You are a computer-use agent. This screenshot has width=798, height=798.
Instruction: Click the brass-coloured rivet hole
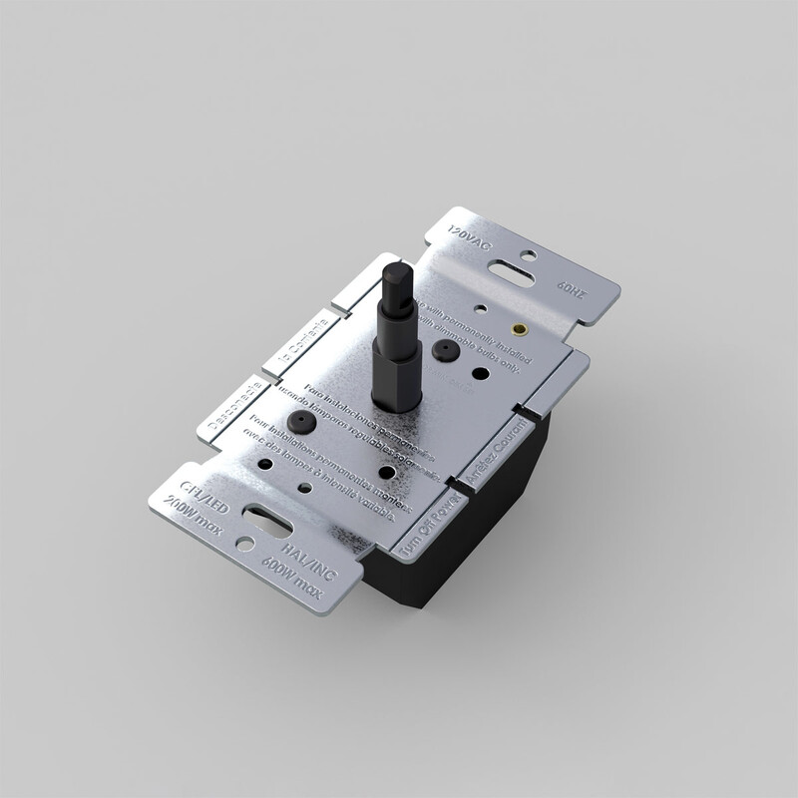pyautogui.click(x=518, y=326)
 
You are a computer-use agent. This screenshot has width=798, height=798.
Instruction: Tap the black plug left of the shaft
pyautogui.click(x=297, y=422)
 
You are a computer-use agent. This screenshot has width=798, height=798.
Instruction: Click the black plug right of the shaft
pyautogui.click(x=440, y=348)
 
